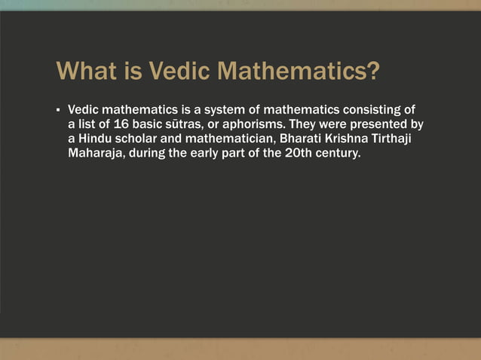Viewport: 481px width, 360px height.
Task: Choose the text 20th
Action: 288,154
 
